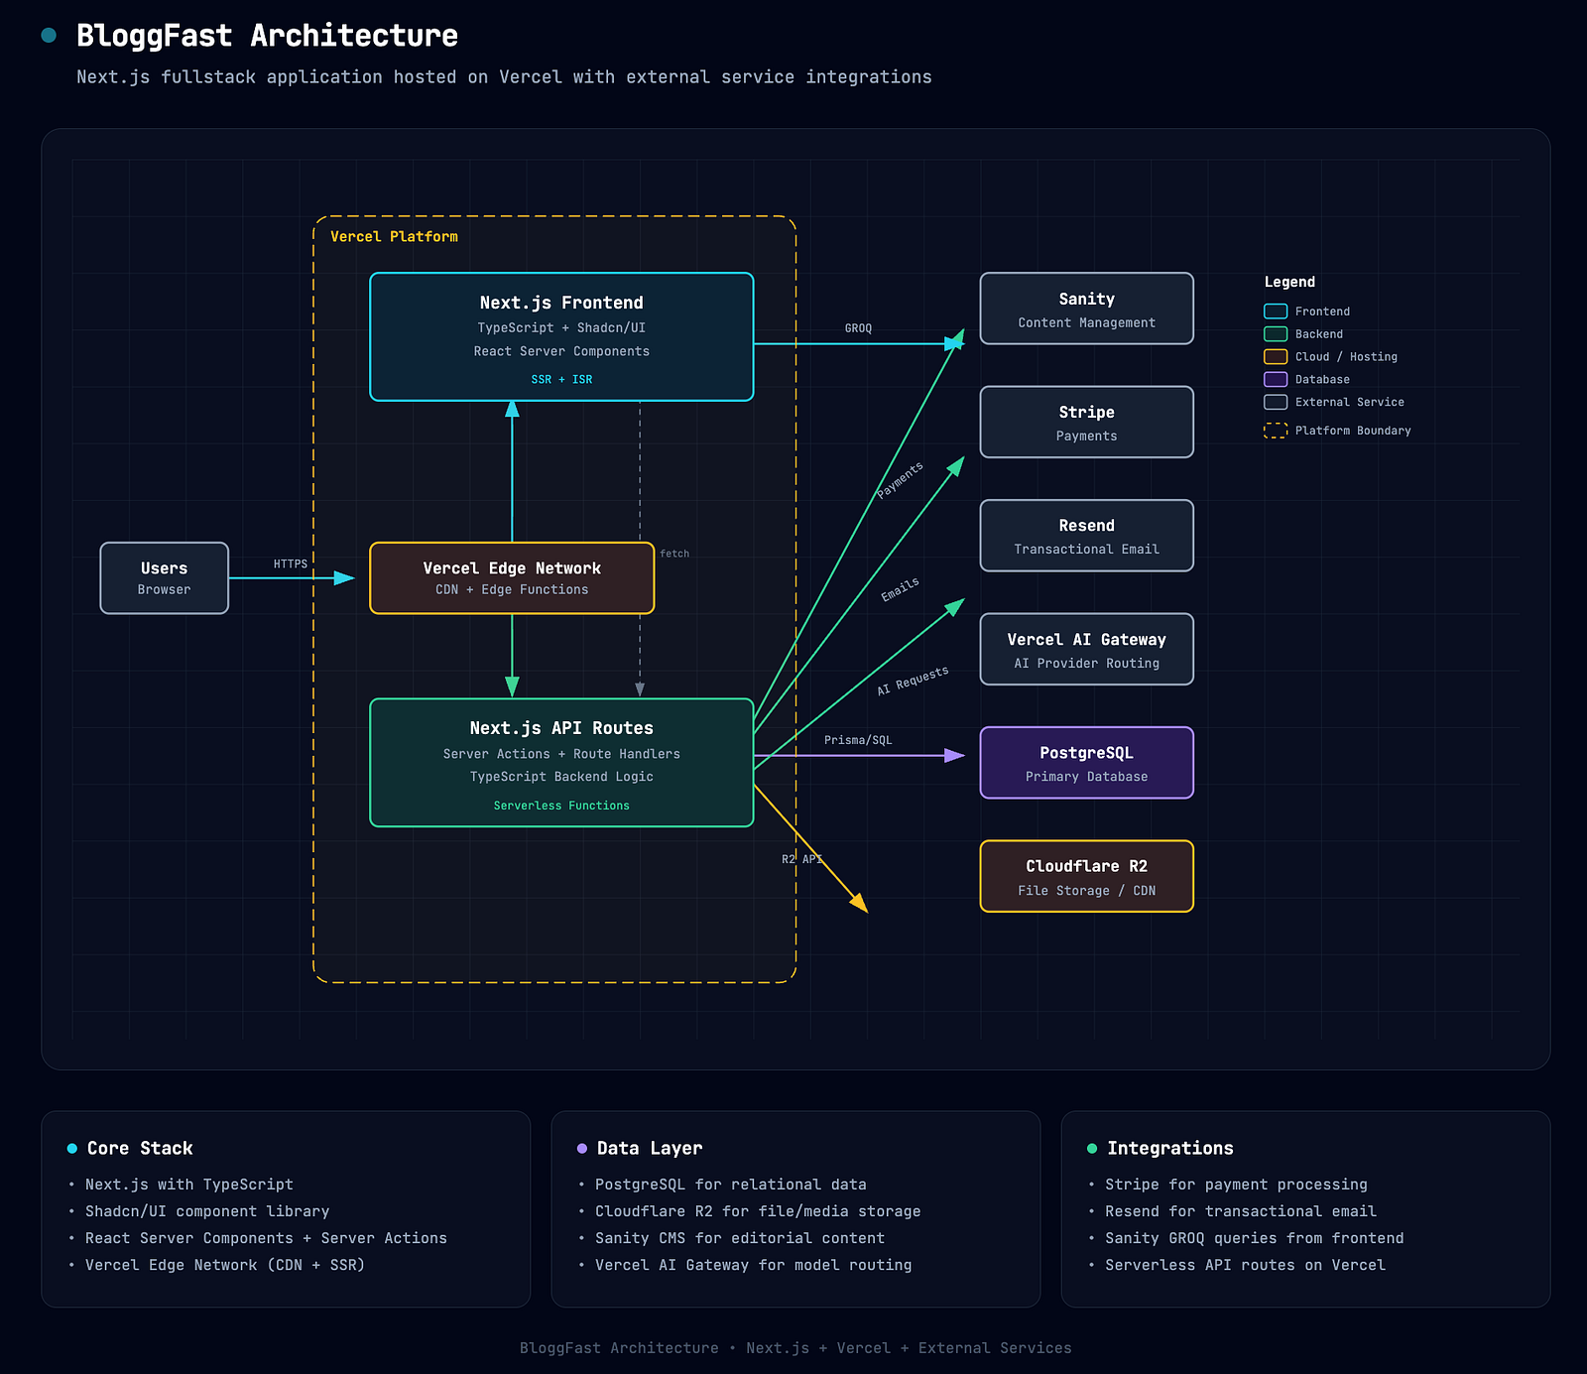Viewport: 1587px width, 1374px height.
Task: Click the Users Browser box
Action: tap(164, 577)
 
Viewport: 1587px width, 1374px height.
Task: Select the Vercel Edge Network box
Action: tap(512, 577)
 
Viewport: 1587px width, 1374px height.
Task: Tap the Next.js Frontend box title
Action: tap(561, 303)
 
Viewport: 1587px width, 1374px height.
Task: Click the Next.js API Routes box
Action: tap(561, 762)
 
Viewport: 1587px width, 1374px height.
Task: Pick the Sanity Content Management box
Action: tap(1086, 309)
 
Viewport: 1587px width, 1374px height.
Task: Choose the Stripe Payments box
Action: tap(1086, 422)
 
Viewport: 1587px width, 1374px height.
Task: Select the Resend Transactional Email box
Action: tap(1086, 536)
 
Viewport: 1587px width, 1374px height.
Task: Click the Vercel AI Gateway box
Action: tap(1086, 649)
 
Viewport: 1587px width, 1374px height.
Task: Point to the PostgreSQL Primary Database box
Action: tap(1086, 763)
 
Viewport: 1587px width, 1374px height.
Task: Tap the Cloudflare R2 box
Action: tap(1086, 876)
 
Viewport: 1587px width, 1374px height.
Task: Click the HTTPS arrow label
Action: tap(291, 563)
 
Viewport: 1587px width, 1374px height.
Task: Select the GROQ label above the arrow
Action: tap(858, 328)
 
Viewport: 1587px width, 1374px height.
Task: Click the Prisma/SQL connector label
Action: tap(858, 740)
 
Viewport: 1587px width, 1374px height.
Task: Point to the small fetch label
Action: tap(674, 554)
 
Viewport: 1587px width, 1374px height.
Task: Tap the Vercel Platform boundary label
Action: tap(394, 236)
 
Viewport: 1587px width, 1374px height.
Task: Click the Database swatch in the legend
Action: tap(1276, 379)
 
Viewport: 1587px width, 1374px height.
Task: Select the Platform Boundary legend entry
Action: tap(1337, 431)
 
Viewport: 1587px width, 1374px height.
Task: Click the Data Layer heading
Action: tap(650, 1148)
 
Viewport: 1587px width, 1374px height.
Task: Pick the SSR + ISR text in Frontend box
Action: tap(561, 379)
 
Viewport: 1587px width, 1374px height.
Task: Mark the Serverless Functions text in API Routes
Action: tap(561, 806)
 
